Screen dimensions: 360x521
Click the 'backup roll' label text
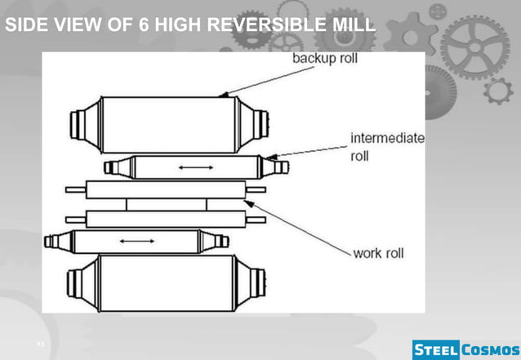click(x=324, y=60)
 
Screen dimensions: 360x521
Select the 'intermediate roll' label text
click(x=387, y=146)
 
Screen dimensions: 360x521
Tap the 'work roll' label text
click(x=378, y=253)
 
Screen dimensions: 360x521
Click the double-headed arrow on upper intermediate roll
click(x=196, y=167)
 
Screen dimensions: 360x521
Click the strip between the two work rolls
click(x=167, y=204)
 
